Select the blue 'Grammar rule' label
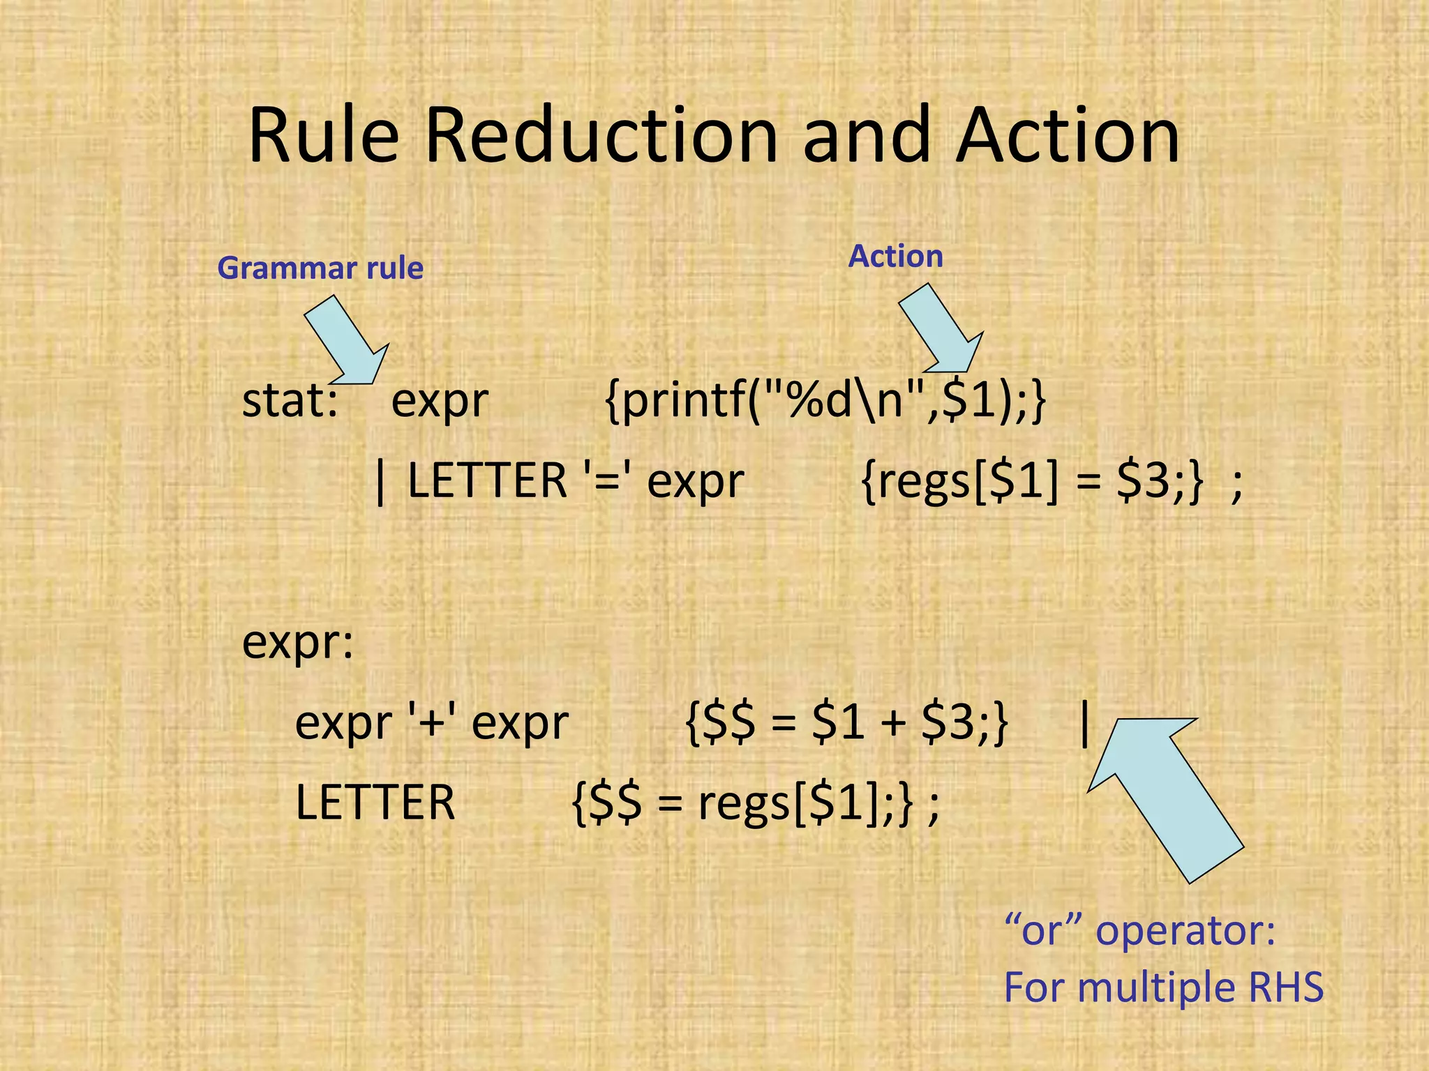click(x=320, y=268)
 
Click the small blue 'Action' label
click(x=895, y=257)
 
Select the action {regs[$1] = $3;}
click(x=1033, y=481)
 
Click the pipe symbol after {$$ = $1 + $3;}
click(x=1084, y=723)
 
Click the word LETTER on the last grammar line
click(x=375, y=803)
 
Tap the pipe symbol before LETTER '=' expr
click(x=380, y=481)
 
